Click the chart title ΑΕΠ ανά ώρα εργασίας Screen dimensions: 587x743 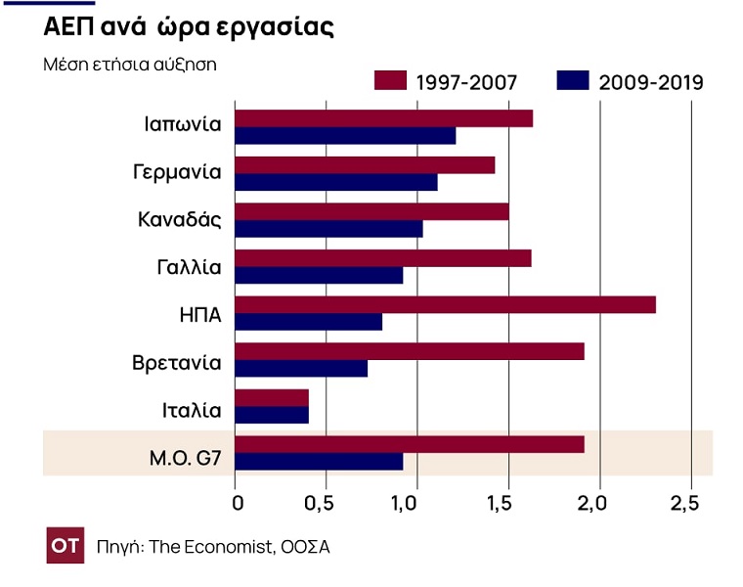tap(189, 28)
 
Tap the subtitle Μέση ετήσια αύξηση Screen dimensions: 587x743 tap(130, 66)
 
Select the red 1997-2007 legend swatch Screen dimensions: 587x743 tap(390, 80)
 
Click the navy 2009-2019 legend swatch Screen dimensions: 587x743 tap(572, 80)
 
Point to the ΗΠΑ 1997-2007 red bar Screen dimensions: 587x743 tap(445, 304)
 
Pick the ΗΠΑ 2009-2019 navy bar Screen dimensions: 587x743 tap(309, 322)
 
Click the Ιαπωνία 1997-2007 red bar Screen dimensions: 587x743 tap(384, 118)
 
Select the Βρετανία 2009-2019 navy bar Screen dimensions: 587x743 tap(302, 369)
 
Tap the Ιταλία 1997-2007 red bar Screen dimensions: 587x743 tap(273, 398)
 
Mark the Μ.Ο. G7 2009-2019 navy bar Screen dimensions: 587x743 tap(320, 462)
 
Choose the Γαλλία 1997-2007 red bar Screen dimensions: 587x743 tap(383, 258)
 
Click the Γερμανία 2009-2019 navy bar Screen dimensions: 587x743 tap(336, 182)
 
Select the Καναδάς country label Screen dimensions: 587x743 tap(180, 219)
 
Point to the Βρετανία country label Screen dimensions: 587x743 tap(177, 363)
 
